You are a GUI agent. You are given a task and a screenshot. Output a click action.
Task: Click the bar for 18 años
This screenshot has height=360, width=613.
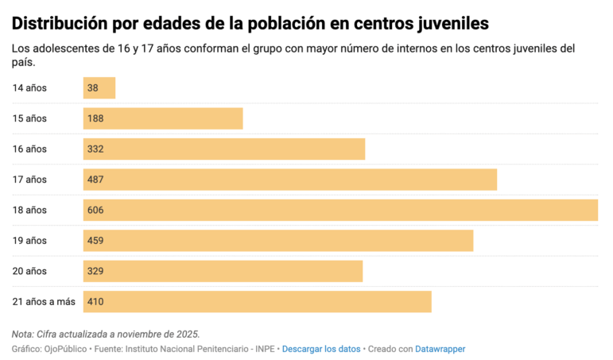pos(340,210)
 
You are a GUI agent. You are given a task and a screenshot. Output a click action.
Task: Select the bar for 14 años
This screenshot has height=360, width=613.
pos(99,87)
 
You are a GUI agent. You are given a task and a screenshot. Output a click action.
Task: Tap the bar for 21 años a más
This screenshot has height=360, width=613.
pos(257,302)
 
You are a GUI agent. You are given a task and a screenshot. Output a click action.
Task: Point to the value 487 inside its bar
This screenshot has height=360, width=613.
pos(95,180)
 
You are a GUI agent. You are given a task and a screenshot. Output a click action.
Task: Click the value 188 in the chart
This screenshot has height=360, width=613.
pos(95,118)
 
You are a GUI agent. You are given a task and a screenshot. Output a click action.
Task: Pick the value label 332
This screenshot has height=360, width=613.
pos(95,149)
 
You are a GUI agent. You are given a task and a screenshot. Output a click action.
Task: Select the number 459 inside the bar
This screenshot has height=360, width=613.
pos(95,241)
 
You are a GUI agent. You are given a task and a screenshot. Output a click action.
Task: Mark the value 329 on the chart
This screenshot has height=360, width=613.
pos(95,271)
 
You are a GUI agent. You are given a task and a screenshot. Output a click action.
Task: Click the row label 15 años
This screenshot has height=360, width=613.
pos(29,118)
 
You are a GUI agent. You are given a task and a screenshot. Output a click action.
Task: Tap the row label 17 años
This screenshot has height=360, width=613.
pos(29,180)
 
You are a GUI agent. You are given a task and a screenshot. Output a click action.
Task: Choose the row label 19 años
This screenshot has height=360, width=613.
pos(29,241)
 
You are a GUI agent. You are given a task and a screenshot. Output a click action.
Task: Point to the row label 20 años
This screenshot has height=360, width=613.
pos(29,271)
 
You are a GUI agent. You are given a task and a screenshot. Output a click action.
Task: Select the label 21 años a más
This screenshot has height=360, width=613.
pos(43,302)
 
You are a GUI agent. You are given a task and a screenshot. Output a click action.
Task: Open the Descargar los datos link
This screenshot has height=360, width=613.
pos(320,349)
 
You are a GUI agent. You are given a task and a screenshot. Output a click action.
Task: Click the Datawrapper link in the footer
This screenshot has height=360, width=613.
pos(440,349)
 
